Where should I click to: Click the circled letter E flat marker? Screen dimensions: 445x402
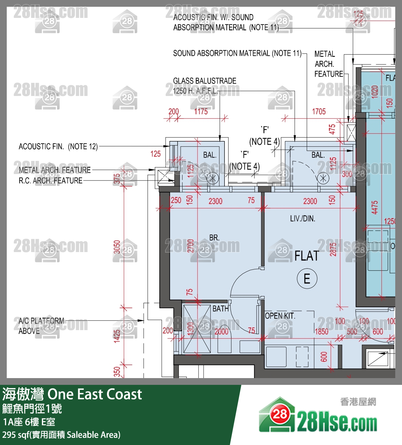[x=306, y=279]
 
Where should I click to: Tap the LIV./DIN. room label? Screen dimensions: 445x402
[x=302, y=219]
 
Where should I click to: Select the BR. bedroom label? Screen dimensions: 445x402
[x=214, y=238]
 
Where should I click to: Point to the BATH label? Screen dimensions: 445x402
[x=220, y=308]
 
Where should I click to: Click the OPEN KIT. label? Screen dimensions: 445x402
[x=280, y=316]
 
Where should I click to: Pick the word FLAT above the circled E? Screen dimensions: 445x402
[x=306, y=256]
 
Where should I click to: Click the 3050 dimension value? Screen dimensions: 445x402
[x=117, y=247]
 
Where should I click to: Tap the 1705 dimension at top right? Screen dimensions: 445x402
[x=319, y=112]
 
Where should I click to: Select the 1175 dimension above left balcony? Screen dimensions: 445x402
[x=201, y=112]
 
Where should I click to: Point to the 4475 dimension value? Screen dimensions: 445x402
[x=375, y=207]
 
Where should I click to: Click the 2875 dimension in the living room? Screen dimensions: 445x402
[x=333, y=249]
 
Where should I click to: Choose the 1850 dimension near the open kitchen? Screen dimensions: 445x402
[x=321, y=332]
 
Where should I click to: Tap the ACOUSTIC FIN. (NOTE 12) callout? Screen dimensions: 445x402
[x=58, y=147]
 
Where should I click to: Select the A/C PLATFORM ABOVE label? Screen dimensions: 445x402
[x=41, y=326]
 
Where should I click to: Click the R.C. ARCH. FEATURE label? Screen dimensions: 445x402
[x=51, y=181]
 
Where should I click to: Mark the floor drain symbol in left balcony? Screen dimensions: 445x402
[x=212, y=178]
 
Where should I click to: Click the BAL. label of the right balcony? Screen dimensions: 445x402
[x=318, y=155]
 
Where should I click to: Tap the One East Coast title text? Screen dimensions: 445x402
[x=95, y=394]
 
